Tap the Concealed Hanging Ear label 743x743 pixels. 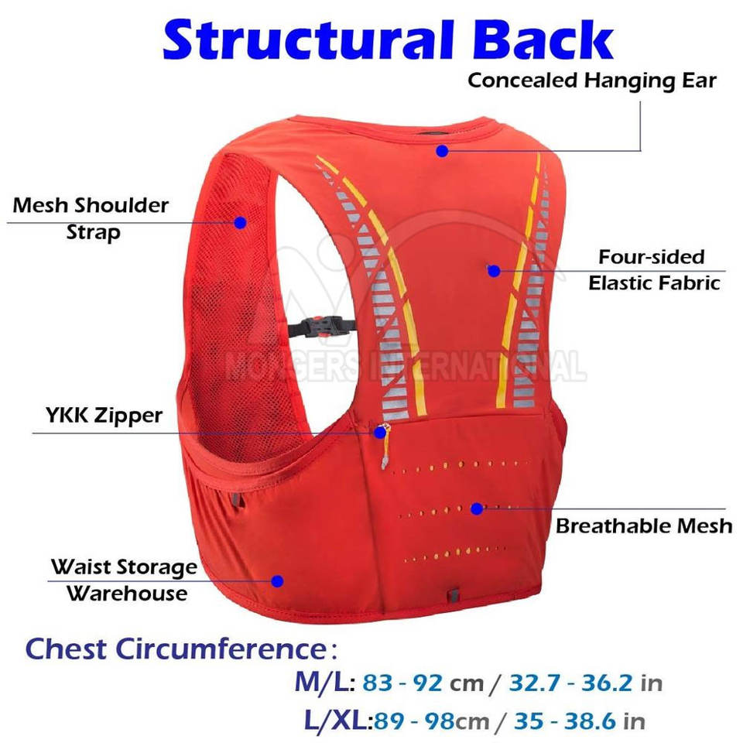click(592, 80)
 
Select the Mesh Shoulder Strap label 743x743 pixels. click(91, 218)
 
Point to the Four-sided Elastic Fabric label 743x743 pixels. click(653, 269)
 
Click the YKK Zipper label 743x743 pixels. click(103, 416)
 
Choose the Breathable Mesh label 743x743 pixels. click(644, 526)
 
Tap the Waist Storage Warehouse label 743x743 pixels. click(124, 580)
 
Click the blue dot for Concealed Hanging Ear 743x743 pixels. click(442, 150)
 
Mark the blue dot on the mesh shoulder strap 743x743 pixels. click(240, 222)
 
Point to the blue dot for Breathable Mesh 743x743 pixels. click(477, 508)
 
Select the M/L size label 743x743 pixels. click(324, 683)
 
